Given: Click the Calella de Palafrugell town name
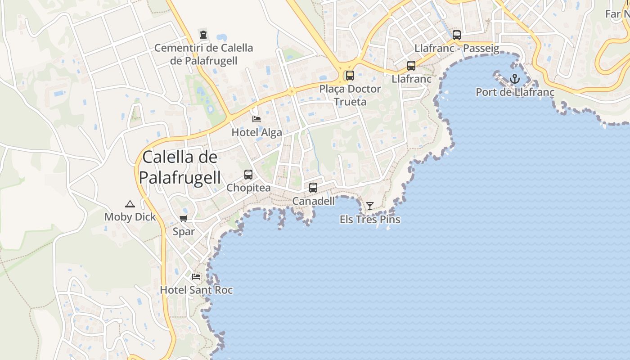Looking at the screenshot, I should [x=180, y=167].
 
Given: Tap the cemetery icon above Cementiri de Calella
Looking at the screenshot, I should [x=203, y=34].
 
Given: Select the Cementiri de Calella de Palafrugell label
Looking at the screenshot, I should [x=203, y=54].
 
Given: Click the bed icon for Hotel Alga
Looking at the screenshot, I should [x=256, y=119].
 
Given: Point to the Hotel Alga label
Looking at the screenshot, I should [x=256, y=132].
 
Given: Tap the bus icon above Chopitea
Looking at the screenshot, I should [x=248, y=175].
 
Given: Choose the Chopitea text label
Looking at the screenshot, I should [x=248, y=188].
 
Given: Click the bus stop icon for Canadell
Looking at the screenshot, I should [x=313, y=188].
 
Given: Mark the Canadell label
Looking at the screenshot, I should [x=313, y=201].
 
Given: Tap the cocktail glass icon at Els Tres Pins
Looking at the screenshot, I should [x=370, y=206].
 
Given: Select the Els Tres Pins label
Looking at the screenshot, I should [x=370, y=220].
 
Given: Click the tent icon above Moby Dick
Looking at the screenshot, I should [x=130, y=204].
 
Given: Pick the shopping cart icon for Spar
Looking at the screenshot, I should [x=184, y=219].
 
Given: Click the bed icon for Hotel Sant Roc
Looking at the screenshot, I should [x=196, y=276].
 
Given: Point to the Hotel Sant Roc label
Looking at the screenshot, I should [x=196, y=290].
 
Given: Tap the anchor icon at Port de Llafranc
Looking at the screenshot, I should [x=515, y=80].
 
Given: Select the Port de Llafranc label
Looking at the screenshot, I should [x=515, y=93].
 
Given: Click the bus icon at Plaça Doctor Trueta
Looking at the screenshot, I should [x=350, y=76].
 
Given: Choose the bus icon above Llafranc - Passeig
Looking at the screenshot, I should [x=457, y=35].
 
